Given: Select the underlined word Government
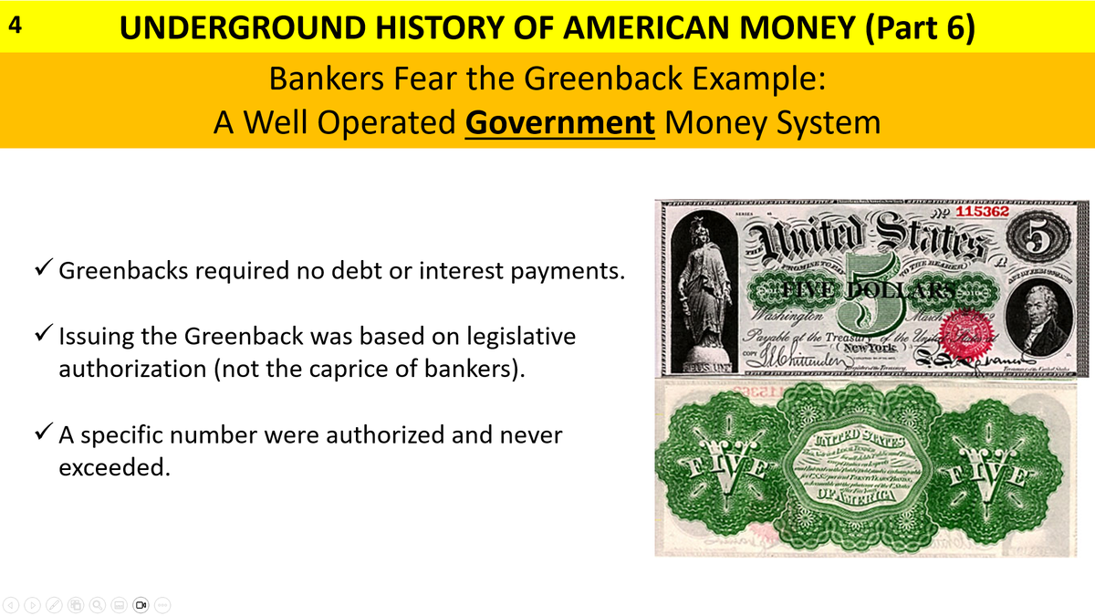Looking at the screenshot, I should (559, 121).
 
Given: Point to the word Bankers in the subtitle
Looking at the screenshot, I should (326, 78).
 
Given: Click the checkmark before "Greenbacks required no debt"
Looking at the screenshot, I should (43, 273).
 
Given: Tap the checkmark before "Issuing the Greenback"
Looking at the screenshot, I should (43, 337).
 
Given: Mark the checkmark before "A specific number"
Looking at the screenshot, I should (43, 435).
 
